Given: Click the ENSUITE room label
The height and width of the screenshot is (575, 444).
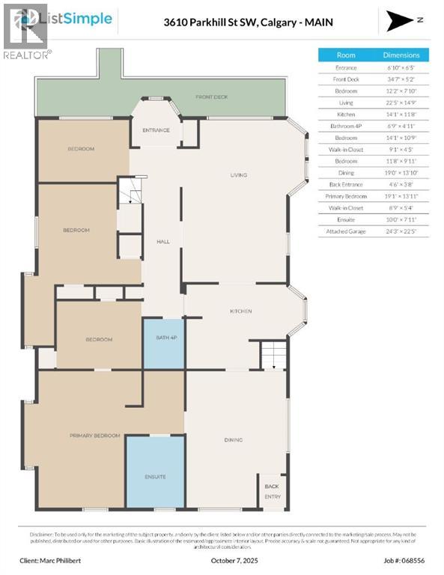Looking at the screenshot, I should [155, 477].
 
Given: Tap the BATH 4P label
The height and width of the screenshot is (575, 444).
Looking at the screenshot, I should [163, 338].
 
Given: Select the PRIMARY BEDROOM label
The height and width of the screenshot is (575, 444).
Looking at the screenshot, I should [95, 435].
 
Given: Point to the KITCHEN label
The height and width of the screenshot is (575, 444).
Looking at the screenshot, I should [240, 311].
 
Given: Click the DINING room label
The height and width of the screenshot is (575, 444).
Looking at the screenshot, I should [234, 440].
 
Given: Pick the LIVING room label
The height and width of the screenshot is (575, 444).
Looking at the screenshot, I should [238, 175].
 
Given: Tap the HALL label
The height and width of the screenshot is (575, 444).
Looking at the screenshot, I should [163, 242].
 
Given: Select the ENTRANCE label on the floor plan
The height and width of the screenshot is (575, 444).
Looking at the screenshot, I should [156, 130].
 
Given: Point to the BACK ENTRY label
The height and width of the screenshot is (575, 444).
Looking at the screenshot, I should [272, 491].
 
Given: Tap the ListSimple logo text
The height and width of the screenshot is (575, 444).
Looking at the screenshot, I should [80, 19].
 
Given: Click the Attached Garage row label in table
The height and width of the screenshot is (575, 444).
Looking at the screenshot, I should [346, 232].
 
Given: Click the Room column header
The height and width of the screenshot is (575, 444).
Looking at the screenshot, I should [346, 55].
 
